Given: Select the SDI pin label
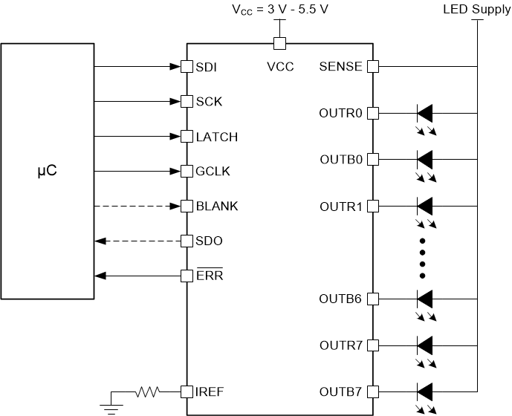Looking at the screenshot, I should pyautogui.click(x=206, y=67).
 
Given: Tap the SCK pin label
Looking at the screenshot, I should pyautogui.click(x=209, y=102).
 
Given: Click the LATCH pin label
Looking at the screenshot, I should pyautogui.click(x=216, y=137).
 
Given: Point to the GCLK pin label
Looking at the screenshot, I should pyautogui.click(x=213, y=172).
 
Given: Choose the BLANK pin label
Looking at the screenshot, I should pyautogui.click(x=217, y=207).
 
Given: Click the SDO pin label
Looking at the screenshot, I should pyautogui.click(x=210, y=241).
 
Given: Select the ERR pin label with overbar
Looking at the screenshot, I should pyautogui.click(x=210, y=276).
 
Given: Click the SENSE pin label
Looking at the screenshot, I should pyautogui.click(x=340, y=67).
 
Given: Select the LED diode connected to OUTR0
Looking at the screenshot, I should pyautogui.click(x=424, y=114).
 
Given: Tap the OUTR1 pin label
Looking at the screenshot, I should pyautogui.click(x=340, y=207).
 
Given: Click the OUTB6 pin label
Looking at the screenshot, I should pyautogui.click(x=340, y=299).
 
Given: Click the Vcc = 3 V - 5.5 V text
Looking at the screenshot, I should pyautogui.click(x=280, y=10).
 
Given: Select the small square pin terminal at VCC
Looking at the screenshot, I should pyautogui.click(x=280, y=43).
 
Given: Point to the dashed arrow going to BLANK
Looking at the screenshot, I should pyautogui.click(x=138, y=207).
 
